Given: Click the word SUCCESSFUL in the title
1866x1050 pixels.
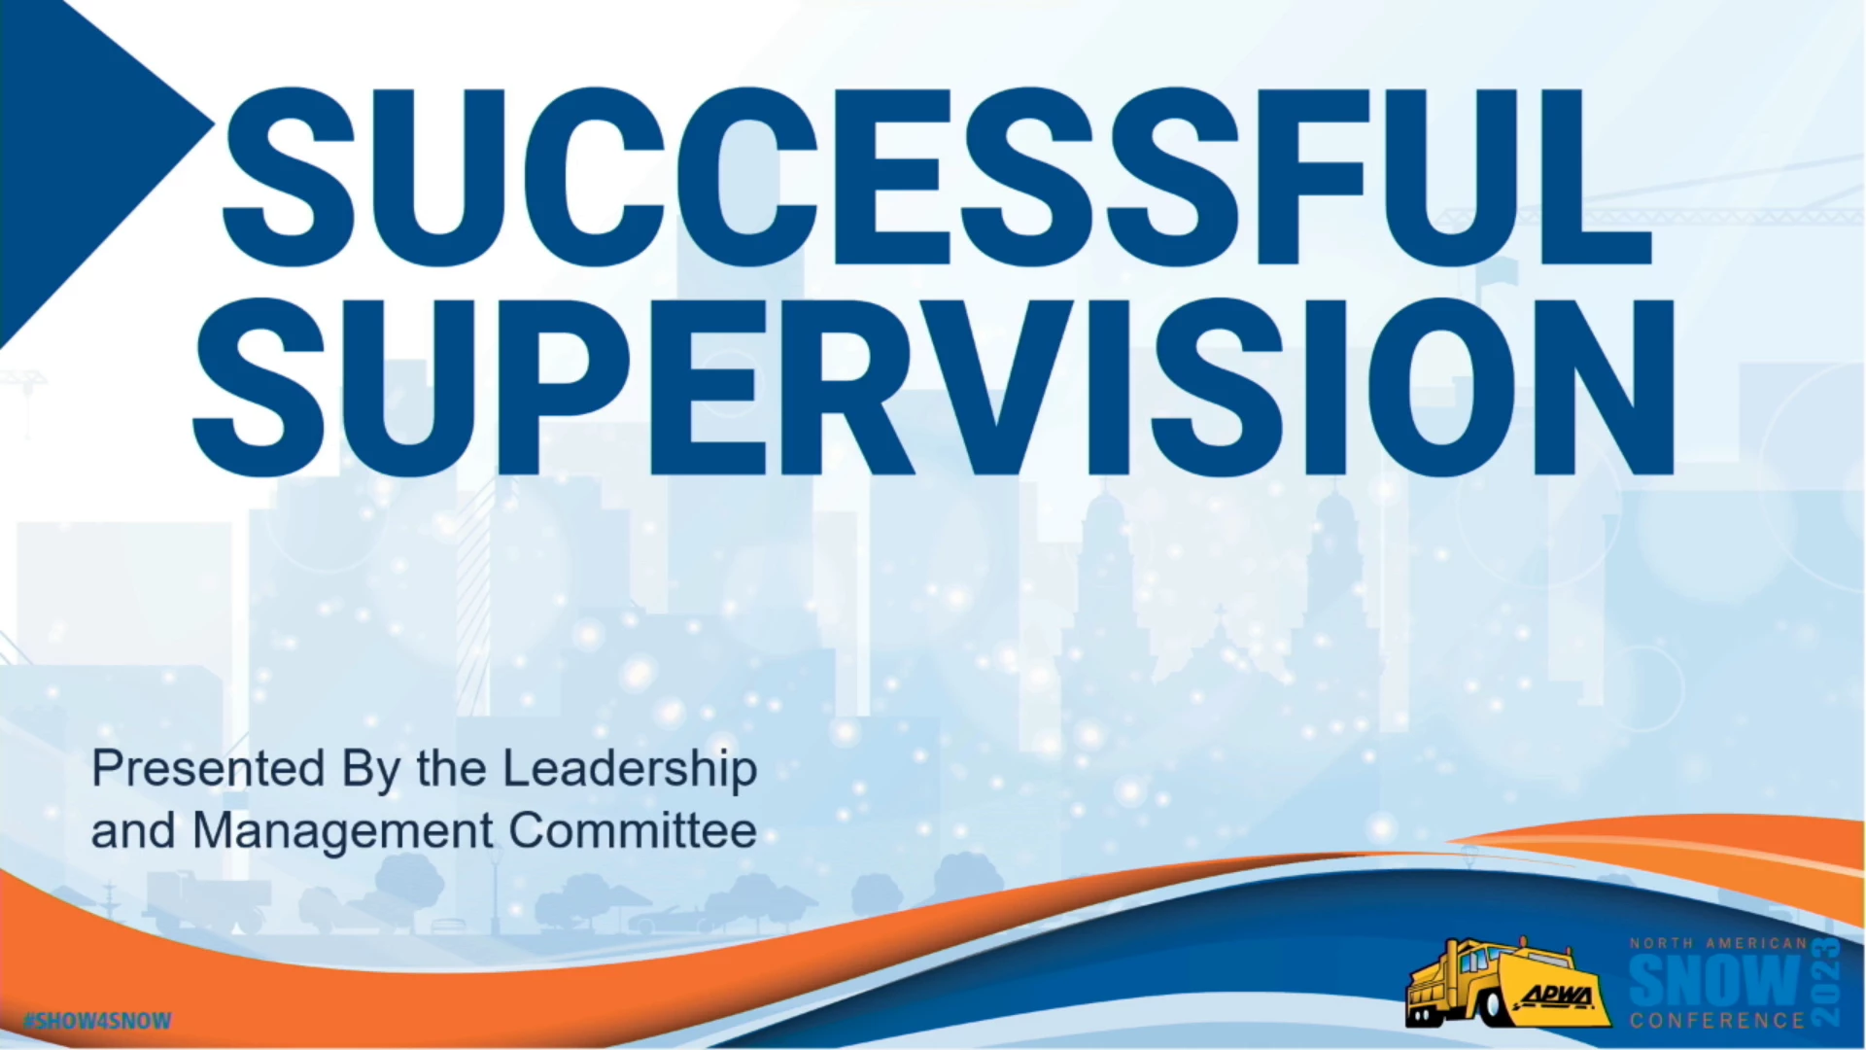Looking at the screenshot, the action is click(937, 177).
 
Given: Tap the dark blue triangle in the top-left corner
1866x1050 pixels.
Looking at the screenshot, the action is click(102, 165).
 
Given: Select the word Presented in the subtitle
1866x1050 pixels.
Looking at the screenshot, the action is click(208, 769).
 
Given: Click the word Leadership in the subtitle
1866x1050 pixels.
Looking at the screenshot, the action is click(630, 769).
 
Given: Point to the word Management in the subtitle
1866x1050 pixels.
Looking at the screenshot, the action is click(343, 831).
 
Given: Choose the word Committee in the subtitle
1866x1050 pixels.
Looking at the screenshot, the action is click(633, 831).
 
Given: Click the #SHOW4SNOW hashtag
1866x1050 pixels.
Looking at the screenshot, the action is click(97, 1021).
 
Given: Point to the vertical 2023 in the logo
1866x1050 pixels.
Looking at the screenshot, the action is click(1826, 982).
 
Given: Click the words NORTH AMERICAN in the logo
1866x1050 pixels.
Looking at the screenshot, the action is click(1718, 943).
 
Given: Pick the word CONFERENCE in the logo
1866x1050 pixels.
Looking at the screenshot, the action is click(1717, 1020).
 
